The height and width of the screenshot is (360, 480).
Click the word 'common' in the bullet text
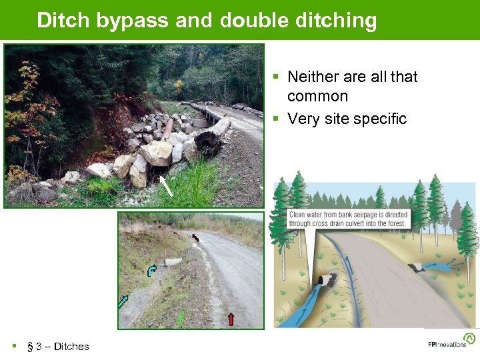[x=317, y=96]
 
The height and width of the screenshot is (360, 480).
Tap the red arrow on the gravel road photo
[x=231, y=319]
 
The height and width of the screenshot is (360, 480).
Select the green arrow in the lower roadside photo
[x=180, y=318]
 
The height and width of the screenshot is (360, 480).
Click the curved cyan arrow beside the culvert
[x=152, y=270]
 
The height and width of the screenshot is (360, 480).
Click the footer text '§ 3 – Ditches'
[x=57, y=346]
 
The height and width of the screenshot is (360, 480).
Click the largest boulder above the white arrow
[x=157, y=153]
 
